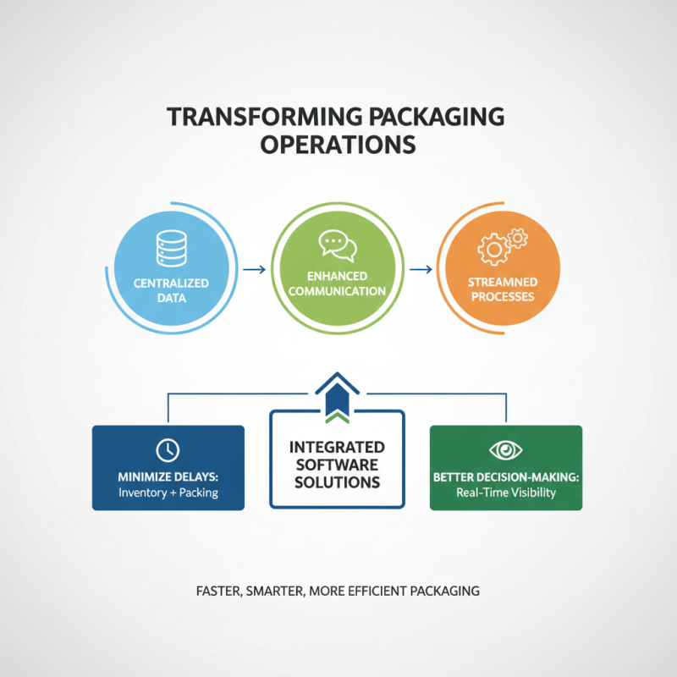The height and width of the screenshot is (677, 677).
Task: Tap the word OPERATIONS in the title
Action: pos(338,144)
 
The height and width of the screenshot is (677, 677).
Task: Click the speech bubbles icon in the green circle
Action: pos(338,245)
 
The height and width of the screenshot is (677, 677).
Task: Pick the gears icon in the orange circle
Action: pos(503,246)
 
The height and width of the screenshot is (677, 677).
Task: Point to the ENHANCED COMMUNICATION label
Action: pos(338,283)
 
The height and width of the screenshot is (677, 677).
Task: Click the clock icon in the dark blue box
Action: pos(168,449)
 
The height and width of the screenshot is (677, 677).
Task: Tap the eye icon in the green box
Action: pos(506,449)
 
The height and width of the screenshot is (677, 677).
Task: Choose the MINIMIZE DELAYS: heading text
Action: pos(168,477)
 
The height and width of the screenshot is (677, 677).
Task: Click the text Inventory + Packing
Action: pos(168,493)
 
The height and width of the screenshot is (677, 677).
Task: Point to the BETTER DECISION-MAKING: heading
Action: pos(506,477)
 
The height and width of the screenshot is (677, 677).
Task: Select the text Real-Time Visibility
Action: pos(506,493)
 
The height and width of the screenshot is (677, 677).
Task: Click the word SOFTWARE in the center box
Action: pos(338,465)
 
